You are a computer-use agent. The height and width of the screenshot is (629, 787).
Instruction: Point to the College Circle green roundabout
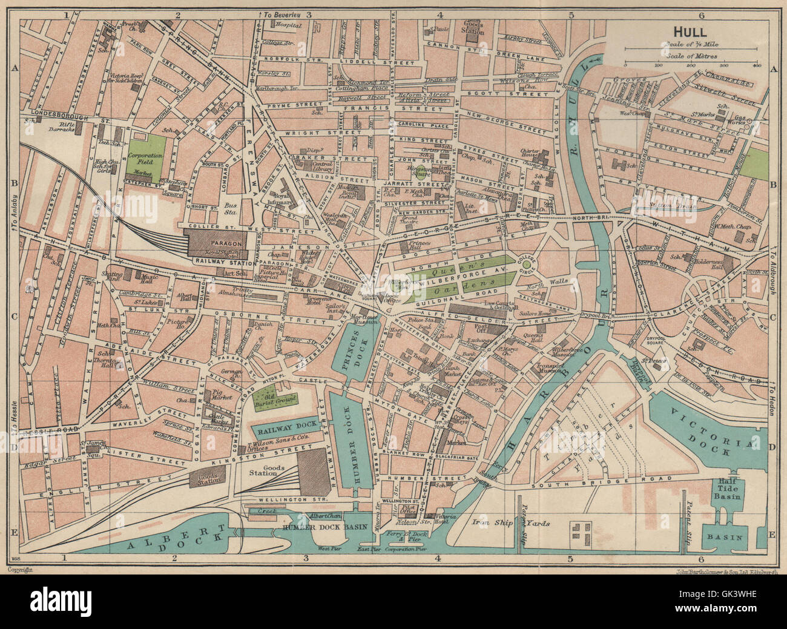click(x=527, y=264)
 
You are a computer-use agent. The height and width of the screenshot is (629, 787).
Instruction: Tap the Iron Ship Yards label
click(x=511, y=522)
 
